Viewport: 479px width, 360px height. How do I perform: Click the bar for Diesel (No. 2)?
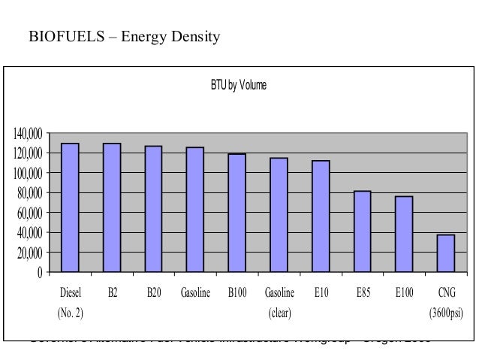pyautogui.click(x=70, y=207)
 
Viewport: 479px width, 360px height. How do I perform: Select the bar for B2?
pyautogui.click(x=112, y=207)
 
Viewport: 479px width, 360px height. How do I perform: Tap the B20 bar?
pyautogui.click(x=153, y=208)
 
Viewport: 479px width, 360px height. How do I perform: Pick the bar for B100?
pyautogui.click(x=236, y=213)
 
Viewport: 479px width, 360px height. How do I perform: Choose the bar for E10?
pyautogui.click(x=321, y=216)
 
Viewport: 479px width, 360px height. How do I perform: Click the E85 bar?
pyautogui.click(x=362, y=231)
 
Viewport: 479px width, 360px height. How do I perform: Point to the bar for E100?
pyautogui.click(x=404, y=234)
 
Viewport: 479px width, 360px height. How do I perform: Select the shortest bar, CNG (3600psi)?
pyautogui.click(x=446, y=253)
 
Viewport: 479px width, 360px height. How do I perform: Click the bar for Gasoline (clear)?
pyautogui.click(x=279, y=214)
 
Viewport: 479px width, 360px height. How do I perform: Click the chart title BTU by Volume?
pyautogui.click(x=238, y=86)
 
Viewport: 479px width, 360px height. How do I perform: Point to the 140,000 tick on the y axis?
pyautogui.click(x=26, y=134)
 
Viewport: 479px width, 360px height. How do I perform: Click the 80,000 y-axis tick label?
pyautogui.click(x=28, y=193)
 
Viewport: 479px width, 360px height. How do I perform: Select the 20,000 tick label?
pyautogui.click(x=28, y=253)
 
